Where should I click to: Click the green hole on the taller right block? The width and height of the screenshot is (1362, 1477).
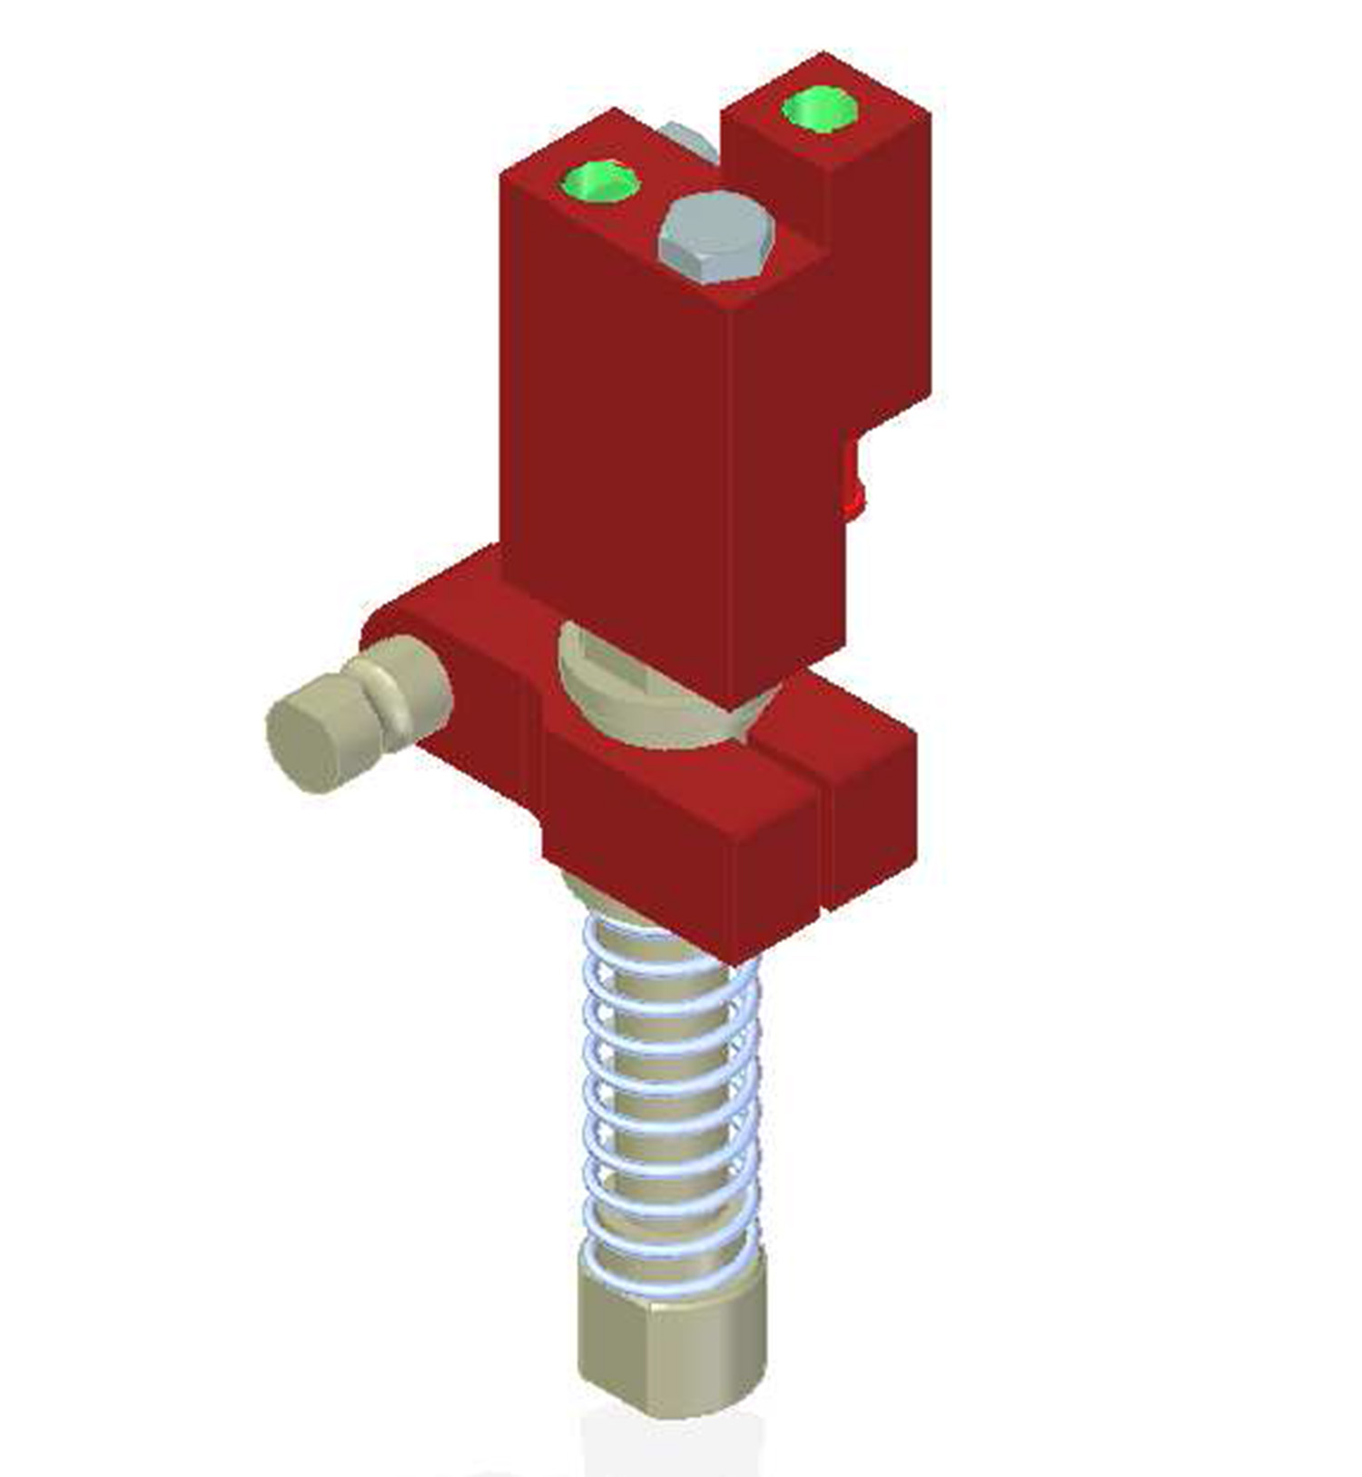pyautogui.click(x=819, y=109)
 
